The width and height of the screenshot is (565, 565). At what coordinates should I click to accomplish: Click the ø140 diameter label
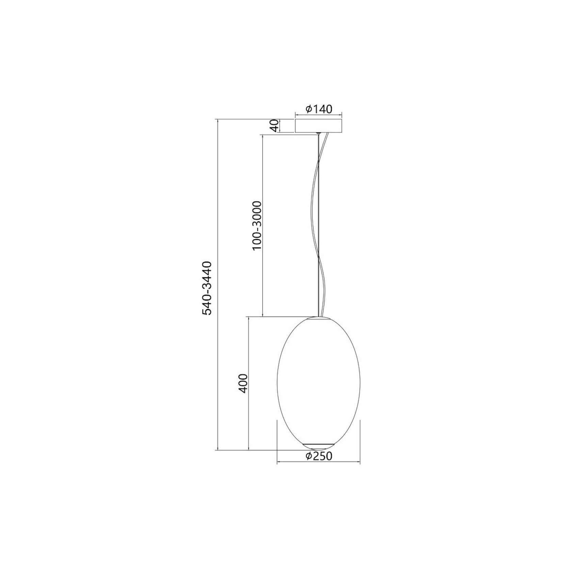click(x=318, y=109)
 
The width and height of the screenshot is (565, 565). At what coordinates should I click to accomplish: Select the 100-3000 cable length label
click(x=257, y=226)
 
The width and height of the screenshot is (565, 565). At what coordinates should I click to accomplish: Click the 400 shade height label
click(x=243, y=384)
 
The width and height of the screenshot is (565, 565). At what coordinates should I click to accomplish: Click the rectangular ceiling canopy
click(x=318, y=126)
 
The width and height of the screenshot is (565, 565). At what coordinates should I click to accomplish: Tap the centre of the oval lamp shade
click(x=319, y=383)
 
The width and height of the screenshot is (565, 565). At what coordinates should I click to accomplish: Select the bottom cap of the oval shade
click(x=319, y=446)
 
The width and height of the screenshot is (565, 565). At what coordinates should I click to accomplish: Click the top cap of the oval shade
click(x=319, y=318)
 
